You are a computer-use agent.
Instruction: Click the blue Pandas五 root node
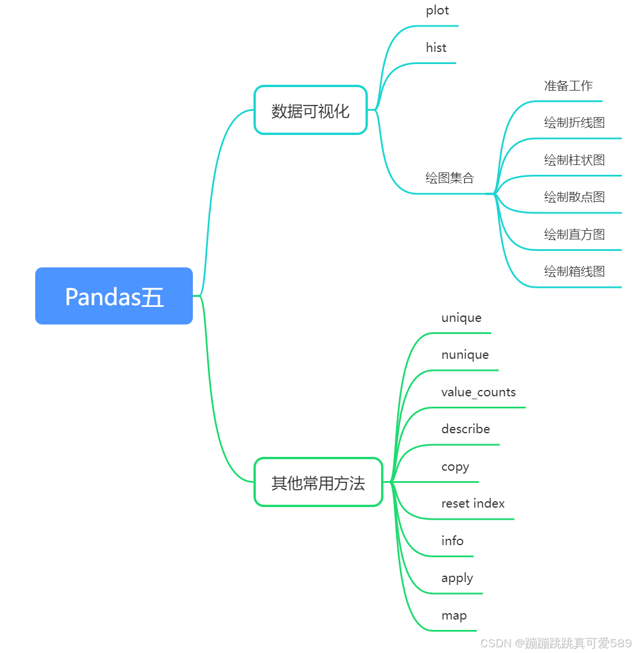coord(114,296)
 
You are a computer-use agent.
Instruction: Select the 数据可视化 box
coord(311,110)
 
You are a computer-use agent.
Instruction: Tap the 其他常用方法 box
coord(318,482)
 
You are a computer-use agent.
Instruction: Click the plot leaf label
coord(437,10)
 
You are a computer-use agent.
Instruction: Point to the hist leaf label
coord(436,48)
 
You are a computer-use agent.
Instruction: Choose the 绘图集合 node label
coord(449,178)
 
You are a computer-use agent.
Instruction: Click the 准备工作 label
coord(568,86)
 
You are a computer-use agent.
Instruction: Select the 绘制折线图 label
coord(574,123)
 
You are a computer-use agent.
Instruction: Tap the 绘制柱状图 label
coord(574,160)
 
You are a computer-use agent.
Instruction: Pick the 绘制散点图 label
coord(574,197)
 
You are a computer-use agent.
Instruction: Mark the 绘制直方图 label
coord(574,234)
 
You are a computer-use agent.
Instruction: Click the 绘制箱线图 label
coord(574,271)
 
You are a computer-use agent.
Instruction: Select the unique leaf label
coord(461,318)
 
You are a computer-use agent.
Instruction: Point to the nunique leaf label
coord(465,355)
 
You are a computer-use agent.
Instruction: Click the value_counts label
coord(478,392)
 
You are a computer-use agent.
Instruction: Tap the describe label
coord(465,429)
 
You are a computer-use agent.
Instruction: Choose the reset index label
coord(473,504)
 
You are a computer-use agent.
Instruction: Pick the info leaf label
coord(452,541)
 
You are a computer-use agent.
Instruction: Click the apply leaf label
coord(457,579)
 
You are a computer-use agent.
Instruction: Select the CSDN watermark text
coord(555,643)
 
